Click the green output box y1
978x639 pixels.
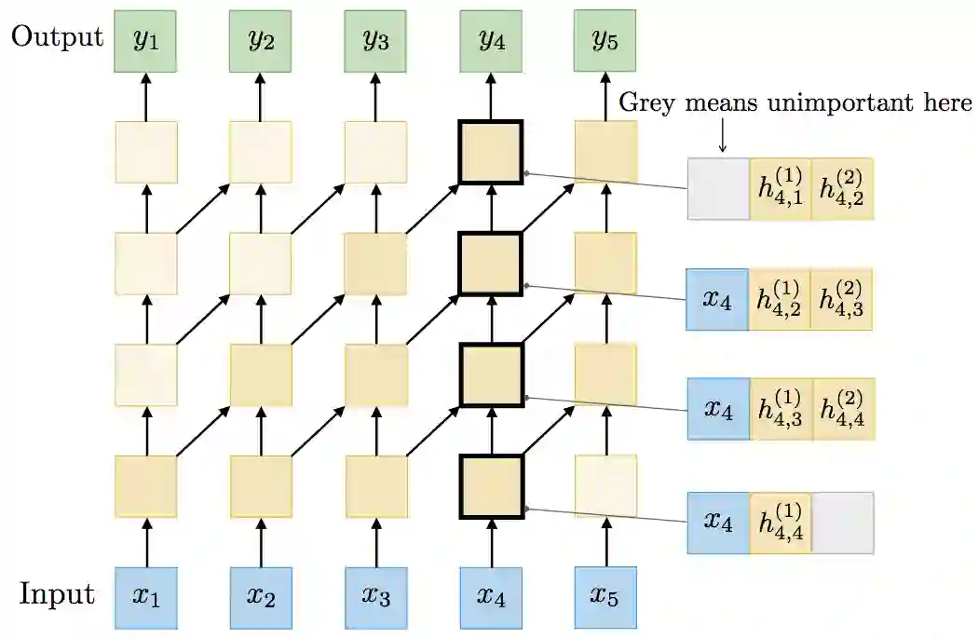[145, 41]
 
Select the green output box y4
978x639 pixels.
[491, 41]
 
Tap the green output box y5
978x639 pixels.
[605, 41]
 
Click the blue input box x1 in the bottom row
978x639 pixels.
[145, 597]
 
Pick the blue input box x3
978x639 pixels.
[375, 597]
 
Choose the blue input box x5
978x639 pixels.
[605, 597]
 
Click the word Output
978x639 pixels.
[56, 37]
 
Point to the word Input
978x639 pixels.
[58, 594]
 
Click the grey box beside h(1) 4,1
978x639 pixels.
[718, 189]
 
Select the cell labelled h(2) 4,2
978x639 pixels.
[842, 189]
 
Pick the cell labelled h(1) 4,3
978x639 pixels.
[780, 409]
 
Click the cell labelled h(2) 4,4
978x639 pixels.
[842, 409]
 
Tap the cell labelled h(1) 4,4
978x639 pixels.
[780, 523]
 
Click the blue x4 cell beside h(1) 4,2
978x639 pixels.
[717, 299]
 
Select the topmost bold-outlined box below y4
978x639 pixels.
[491, 152]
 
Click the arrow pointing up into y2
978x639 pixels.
[261, 97]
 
